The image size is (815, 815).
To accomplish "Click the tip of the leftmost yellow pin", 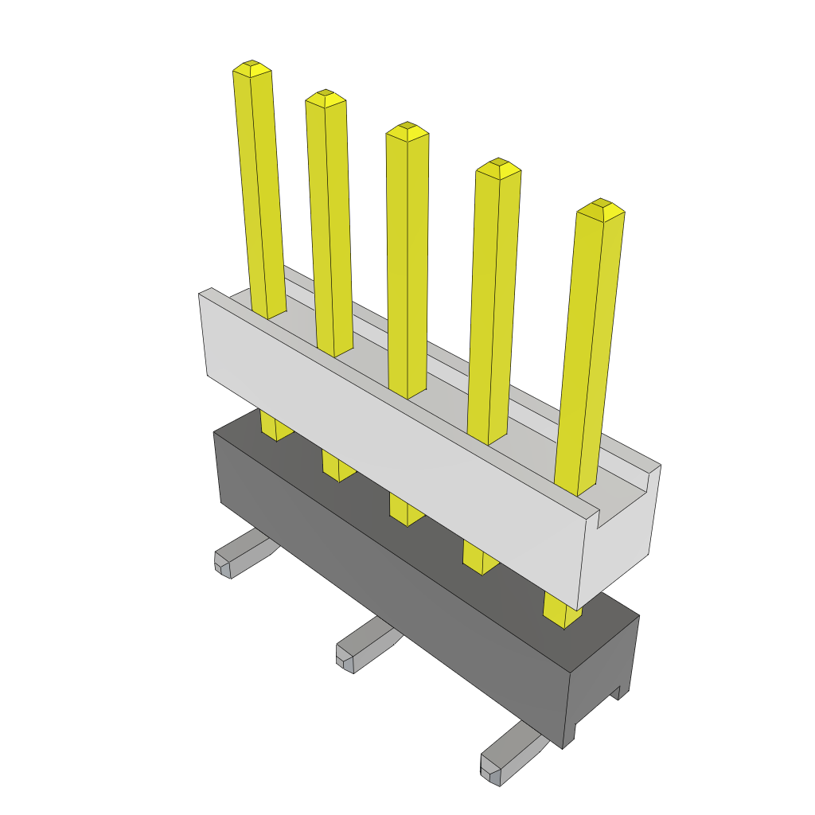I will tap(252, 67).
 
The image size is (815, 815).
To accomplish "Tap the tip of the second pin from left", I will tap(326, 97).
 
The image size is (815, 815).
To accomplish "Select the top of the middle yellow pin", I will tap(407, 130).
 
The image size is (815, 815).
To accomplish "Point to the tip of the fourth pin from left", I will tap(498, 166).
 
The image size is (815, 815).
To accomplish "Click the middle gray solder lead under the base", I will tap(362, 645).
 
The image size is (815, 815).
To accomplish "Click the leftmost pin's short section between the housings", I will tap(275, 426).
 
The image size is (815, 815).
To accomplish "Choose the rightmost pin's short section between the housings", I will tap(561, 608).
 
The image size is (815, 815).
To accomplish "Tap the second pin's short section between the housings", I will tap(338, 466).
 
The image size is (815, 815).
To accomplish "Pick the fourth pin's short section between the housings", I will tap(480, 557).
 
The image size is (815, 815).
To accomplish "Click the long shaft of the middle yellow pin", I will tap(407, 263).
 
